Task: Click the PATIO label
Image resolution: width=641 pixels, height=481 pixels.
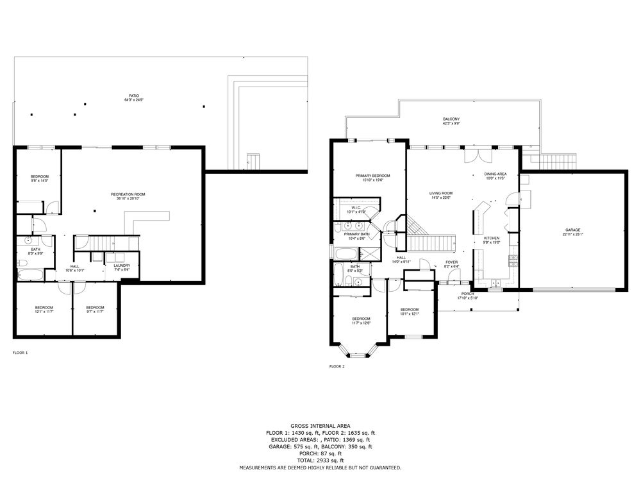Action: [x=133, y=96]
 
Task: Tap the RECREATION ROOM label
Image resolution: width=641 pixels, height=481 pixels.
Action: [x=128, y=194]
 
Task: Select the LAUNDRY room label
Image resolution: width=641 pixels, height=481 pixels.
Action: [x=122, y=266]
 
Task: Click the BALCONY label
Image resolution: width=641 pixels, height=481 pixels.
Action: [x=451, y=119]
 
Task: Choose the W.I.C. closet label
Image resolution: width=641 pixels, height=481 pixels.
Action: [x=356, y=208]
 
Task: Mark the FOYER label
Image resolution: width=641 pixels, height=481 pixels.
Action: [x=452, y=262]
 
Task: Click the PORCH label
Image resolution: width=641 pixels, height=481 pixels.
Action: [x=467, y=294]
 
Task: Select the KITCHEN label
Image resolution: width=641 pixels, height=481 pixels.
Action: [x=491, y=238]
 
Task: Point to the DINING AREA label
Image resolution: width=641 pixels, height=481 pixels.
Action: [x=495, y=174]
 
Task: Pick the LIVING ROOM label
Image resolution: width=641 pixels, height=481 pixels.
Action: [x=441, y=193]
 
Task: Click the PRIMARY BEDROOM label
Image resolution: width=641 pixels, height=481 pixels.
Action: [x=372, y=176]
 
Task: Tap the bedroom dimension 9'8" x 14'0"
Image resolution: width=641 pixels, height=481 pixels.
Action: [x=40, y=181]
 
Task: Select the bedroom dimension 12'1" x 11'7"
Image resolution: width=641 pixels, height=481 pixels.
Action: [x=44, y=312]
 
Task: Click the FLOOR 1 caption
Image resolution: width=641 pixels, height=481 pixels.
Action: [x=20, y=353]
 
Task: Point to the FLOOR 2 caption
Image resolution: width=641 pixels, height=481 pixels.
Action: [x=337, y=367]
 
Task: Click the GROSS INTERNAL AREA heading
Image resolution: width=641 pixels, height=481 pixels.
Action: [x=320, y=425]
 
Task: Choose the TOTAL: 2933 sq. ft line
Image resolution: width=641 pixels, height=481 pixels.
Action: [x=320, y=460]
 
